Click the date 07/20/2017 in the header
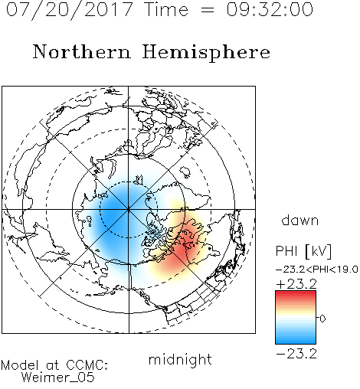70,10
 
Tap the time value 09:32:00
270,10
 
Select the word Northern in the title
82,52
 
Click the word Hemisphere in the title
206,53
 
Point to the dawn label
300,220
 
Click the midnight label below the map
180,359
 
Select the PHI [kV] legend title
304,251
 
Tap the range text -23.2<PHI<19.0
317,270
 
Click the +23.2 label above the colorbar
296,284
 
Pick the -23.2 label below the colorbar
296,354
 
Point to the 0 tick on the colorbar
322,319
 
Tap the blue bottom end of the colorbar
296,342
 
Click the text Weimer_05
58,377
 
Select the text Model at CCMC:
54,365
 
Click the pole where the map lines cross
129,209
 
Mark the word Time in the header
166,10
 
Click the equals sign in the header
208,10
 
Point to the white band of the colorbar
296,317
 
